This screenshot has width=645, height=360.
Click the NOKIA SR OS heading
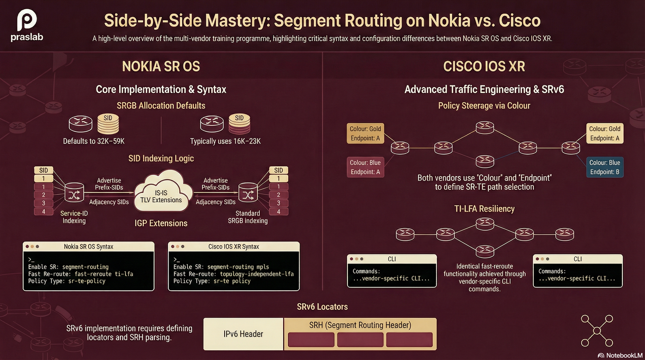[161, 67]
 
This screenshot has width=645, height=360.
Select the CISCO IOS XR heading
[484, 67]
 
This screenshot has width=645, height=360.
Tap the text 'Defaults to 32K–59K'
[94, 141]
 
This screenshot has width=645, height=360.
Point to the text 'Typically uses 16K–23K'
[225, 141]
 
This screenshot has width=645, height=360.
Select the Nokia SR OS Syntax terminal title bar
[89, 246]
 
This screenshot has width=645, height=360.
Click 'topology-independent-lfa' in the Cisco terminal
[256, 274]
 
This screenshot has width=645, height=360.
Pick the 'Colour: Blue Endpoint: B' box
[605, 167]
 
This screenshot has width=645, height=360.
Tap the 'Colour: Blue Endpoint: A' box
[365, 167]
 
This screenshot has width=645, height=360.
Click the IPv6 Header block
[243, 334]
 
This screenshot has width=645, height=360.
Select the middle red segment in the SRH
[360, 339]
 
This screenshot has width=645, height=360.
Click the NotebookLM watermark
[620, 355]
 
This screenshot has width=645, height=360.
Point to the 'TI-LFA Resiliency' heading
[484, 209]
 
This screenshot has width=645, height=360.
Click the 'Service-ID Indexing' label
[74, 217]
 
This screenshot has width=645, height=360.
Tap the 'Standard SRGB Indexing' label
[248, 217]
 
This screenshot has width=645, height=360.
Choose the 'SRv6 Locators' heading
[322, 307]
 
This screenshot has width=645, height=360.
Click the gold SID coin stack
[108, 124]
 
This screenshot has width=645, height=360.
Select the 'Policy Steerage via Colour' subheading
[484, 106]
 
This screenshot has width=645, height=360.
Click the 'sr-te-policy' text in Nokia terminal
[87, 281]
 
